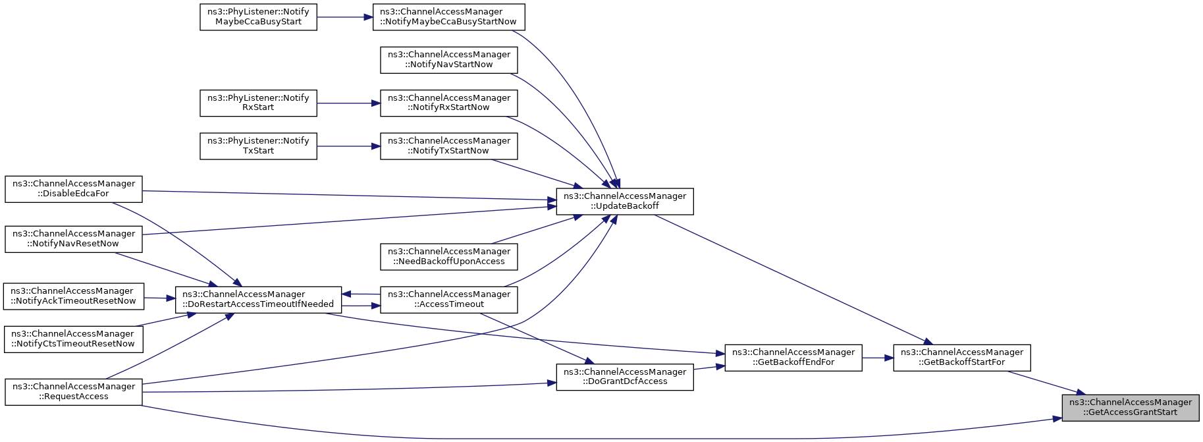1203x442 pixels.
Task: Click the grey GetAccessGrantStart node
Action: [x=1131, y=408]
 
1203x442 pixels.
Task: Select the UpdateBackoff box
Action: [x=625, y=201]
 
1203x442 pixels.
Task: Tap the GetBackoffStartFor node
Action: [x=962, y=358]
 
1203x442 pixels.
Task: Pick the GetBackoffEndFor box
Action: [x=793, y=358]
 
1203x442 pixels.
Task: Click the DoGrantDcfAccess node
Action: [x=625, y=377]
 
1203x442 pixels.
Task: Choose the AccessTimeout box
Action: [x=449, y=300]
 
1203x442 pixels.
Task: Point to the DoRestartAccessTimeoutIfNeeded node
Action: [x=258, y=300]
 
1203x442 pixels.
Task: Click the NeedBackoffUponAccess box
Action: [x=449, y=257]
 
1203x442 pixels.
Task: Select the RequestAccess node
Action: [x=74, y=392]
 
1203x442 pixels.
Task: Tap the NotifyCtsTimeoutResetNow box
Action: [x=74, y=339]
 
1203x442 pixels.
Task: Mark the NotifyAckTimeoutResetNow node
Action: [x=74, y=296]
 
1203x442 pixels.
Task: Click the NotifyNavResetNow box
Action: [x=74, y=239]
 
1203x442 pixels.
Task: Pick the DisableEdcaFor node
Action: [x=74, y=189]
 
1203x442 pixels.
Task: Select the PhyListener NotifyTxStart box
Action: [x=258, y=146]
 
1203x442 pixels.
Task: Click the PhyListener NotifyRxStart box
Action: [x=258, y=103]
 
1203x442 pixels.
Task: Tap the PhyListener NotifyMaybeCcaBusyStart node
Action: [x=258, y=17]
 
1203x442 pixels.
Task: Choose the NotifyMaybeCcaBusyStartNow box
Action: [x=449, y=17]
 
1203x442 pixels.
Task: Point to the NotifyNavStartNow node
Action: [x=449, y=60]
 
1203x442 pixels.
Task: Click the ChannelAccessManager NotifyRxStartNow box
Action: [x=449, y=103]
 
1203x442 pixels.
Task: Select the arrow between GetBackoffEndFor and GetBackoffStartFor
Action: [x=878, y=358]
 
